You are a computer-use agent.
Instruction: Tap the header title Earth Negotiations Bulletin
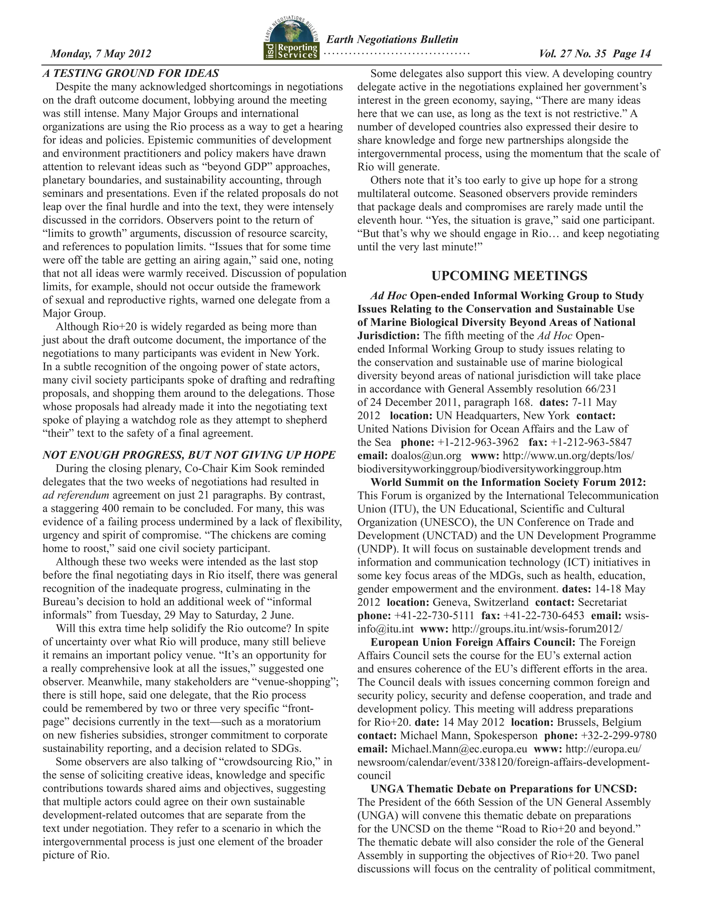[392, 39]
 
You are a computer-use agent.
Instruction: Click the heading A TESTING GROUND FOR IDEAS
[131, 73]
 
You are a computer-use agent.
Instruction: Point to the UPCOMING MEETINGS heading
[509, 276]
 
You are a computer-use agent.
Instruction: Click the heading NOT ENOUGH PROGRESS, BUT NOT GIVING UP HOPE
[189, 455]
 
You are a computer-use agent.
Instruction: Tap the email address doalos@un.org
[426, 455]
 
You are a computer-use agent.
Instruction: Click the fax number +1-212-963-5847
[591, 442]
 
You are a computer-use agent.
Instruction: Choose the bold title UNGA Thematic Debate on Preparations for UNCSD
[503, 789]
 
